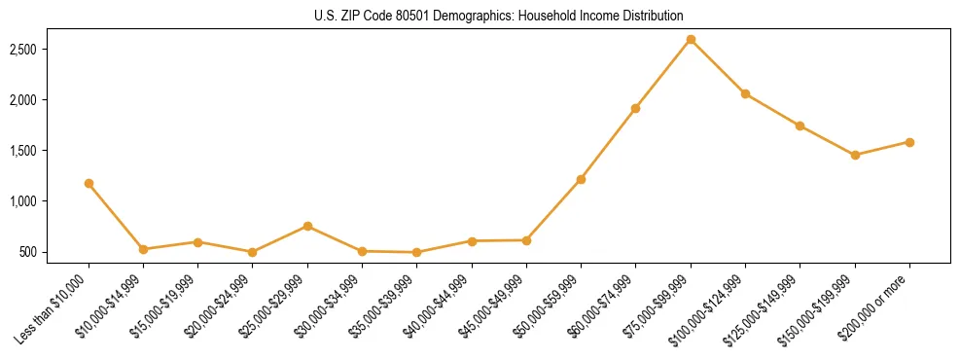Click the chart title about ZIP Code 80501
pos(499,17)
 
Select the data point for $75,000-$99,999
pos(691,40)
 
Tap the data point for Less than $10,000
pos(89,183)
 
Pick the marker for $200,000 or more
pos(909,142)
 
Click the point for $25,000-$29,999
pos(307,226)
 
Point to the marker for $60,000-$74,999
pos(635,108)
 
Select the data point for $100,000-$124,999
pos(745,93)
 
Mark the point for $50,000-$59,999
pos(581,179)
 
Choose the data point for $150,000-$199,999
pos(855,155)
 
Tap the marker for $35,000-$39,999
pos(416,252)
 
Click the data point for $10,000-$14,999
pos(143,249)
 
